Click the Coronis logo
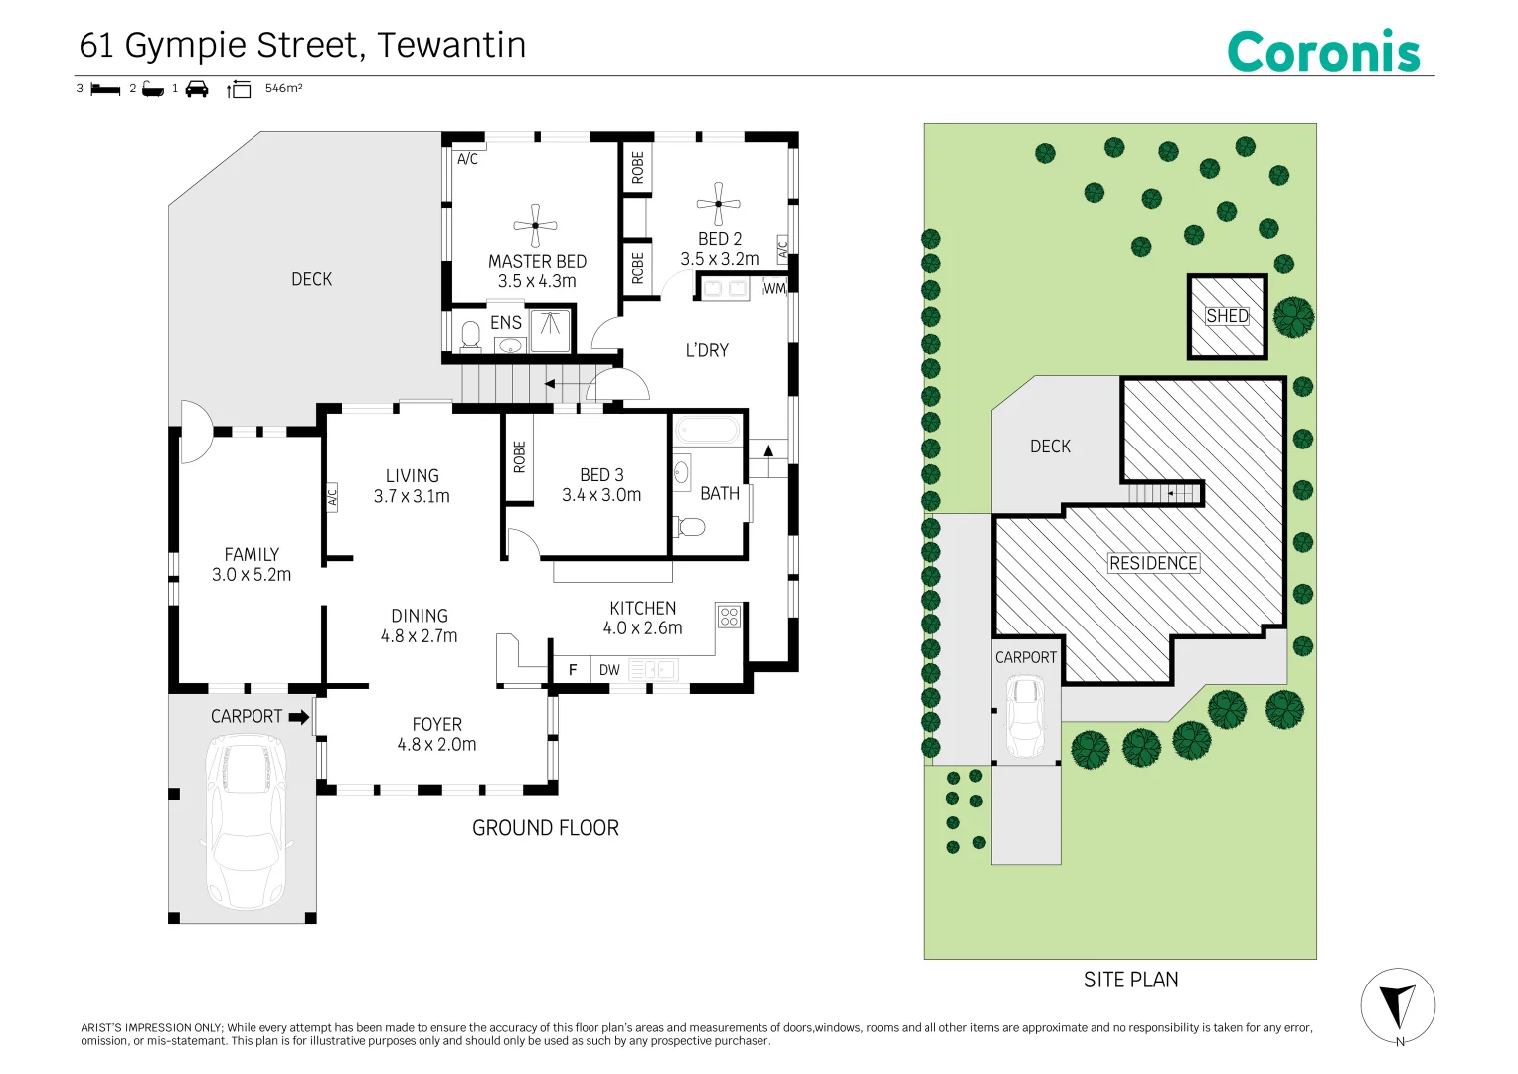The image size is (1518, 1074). click(x=1323, y=51)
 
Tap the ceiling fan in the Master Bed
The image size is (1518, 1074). click(x=536, y=225)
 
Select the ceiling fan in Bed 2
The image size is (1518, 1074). click(x=719, y=204)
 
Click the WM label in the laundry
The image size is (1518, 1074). click(x=774, y=288)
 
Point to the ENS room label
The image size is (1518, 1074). click(x=506, y=323)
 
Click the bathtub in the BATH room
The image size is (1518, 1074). click(x=708, y=430)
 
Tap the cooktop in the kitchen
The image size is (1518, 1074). click(x=730, y=616)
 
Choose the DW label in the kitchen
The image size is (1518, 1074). click(x=609, y=670)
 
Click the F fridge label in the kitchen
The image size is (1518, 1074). click(x=573, y=670)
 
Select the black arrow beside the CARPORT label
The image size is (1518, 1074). click(x=299, y=717)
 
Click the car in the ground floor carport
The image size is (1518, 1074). click(x=246, y=821)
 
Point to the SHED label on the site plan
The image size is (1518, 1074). click(x=1228, y=316)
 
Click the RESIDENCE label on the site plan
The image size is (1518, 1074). click(x=1153, y=563)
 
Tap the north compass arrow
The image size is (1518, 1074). click(x=1399, y=1004)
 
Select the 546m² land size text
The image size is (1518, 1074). click(x=284, y=89)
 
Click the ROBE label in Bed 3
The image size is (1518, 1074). click(x=519, y=457)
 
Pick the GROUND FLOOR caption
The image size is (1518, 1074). click(x=546, y=827)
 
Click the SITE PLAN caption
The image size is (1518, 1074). click(x=1130, y=980)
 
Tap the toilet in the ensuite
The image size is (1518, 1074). click(x=470, y=336)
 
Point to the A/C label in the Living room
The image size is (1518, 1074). click(x=332, y=498)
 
